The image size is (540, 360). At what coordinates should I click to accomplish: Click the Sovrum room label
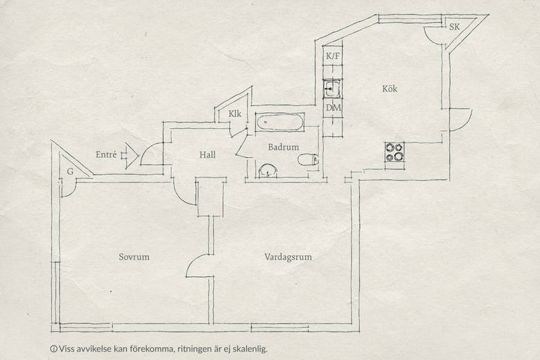(x=134, y=257)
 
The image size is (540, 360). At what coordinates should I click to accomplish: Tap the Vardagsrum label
(x=288, y=258)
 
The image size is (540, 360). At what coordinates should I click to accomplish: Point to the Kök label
(x=390, y=89)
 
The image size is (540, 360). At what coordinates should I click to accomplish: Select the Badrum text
(x=283, y=147)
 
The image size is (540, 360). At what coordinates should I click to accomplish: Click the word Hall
(x=208, y=154)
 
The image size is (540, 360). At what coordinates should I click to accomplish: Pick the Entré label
(x=106, y=154)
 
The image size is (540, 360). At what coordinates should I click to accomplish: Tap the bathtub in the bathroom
(x=280, y=123)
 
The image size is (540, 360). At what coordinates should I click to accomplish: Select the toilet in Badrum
(x=308, y=159)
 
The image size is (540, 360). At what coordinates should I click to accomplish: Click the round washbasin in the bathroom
(x=268, y=171)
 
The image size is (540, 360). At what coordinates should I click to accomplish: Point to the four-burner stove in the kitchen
(x=395, y=152)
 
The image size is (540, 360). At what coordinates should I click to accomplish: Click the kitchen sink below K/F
(x=332, y=88)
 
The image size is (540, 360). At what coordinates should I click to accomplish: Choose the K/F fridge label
(x=333, y=56)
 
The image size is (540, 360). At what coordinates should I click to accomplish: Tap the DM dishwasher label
(x=333, y=108)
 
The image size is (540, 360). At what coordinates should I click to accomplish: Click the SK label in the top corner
(x=454, y=27)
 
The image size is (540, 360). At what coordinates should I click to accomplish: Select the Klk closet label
(x=235, y=114)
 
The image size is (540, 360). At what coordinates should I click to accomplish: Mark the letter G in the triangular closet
(x=70, y=172)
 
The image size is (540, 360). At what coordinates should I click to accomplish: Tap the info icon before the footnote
(x=53, y=349)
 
